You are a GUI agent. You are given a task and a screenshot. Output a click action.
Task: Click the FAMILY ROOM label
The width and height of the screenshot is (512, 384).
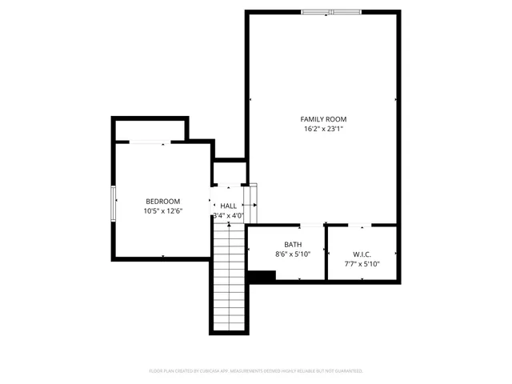[x=323, y=118]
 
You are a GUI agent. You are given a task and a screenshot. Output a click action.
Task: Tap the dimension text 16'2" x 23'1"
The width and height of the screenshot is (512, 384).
[x=323, y=129]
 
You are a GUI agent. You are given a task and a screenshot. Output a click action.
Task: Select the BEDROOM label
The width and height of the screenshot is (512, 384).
[x=162, y=202]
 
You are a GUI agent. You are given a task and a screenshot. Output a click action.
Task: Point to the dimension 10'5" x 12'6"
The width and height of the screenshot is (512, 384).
[x=162, y=212]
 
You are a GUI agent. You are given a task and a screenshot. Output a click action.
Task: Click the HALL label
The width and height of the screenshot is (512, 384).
[x=229, y=206]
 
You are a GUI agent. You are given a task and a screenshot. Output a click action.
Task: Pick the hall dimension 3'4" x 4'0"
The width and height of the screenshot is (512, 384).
[x=228, y=216]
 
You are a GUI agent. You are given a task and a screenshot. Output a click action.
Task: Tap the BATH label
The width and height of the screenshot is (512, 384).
[x=292, y=244]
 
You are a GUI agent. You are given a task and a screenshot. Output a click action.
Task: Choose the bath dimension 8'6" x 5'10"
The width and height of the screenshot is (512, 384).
[x=292, y=254]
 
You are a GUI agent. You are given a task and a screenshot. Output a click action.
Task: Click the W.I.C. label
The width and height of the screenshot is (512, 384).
[x=362, y=254]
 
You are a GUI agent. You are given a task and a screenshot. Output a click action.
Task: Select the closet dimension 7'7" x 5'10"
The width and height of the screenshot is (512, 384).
[x=362, y=264]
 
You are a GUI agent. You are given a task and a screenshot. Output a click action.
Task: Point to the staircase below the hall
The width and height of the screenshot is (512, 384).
[x=229, y=276]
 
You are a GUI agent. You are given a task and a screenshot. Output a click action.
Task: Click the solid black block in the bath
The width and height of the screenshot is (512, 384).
[x=262, y=276]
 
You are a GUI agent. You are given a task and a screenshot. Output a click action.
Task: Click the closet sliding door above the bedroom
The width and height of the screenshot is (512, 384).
[x=149, y=142]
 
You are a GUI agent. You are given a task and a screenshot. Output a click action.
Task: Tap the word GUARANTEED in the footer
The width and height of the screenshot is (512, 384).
[x=346, y=371]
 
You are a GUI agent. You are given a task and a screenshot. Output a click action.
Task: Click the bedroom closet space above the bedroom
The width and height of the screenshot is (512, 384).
[x=150, y=130]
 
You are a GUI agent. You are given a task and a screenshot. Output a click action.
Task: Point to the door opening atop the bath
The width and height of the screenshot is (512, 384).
[x=311, y=226]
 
